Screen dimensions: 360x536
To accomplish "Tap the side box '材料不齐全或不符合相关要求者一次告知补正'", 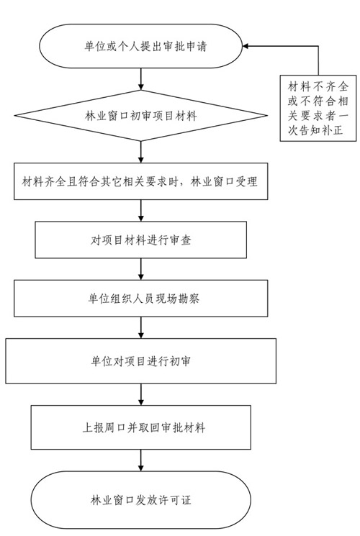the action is (318, 108).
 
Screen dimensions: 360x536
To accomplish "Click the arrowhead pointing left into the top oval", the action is (246, 46).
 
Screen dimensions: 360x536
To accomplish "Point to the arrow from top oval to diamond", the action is (140, 79).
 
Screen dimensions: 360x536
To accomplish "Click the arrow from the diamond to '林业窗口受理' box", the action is (140, 152).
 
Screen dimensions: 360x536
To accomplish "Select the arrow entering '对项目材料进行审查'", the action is (140, 211).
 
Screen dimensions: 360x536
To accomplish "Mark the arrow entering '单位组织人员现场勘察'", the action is (140, 269).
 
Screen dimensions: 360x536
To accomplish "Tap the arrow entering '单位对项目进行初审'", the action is (140, 328).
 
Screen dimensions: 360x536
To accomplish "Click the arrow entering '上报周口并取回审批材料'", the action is (140, 394).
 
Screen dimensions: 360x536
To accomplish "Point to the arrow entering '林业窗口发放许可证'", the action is (140, 460).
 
